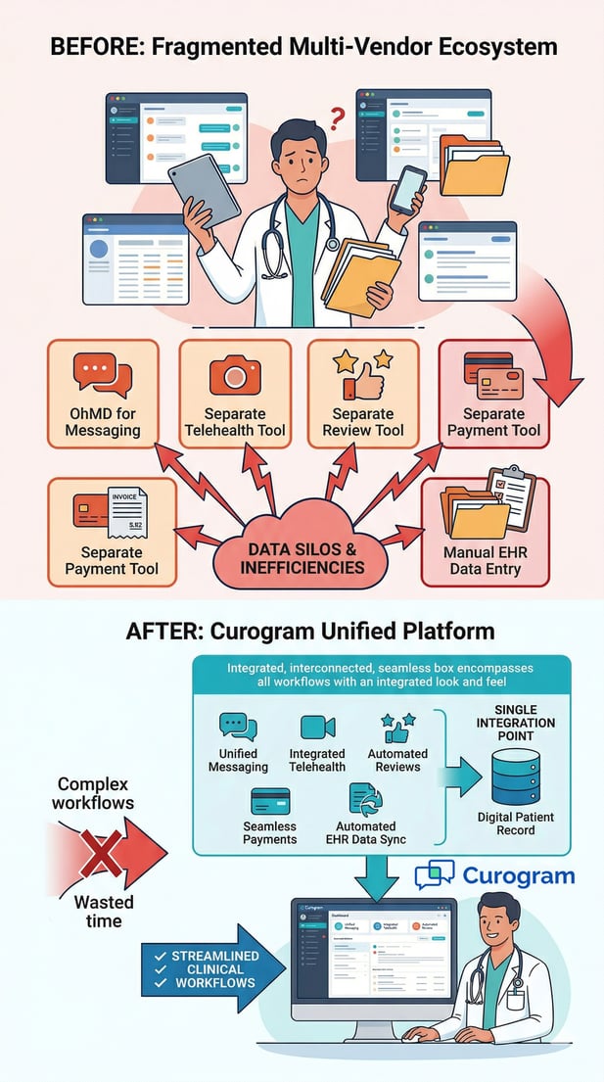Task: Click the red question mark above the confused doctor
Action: tap(336, 119)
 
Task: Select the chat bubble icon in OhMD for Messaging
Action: tap(102, 375)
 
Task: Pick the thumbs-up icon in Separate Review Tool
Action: tap(362, 376)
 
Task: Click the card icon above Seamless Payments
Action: tap(268, 801)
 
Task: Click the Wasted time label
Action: tap(103, 911)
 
